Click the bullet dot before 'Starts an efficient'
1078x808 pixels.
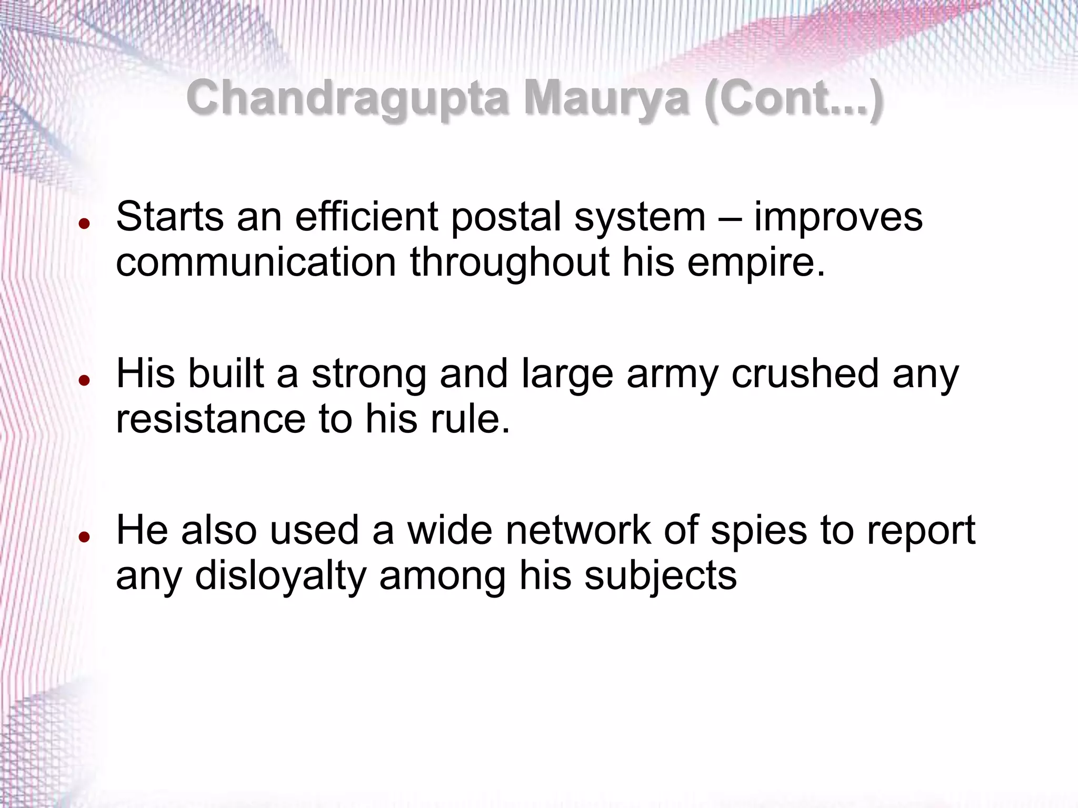tap(84, 224)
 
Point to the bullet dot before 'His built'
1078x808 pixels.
tap(84, 380)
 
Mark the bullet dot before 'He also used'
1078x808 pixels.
tap(84, 537)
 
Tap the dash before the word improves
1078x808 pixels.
tap(730, 218)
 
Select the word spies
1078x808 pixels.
tap(758, 531)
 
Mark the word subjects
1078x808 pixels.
tap(660, 576)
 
